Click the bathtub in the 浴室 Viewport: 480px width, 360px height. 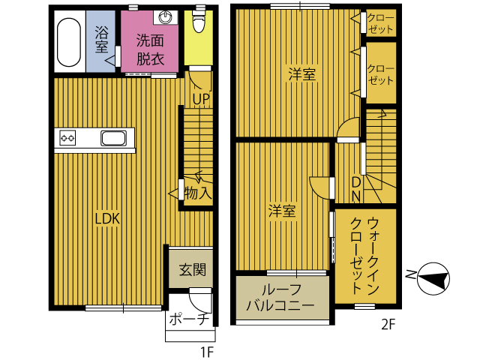(68, 42)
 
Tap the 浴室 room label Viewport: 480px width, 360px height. (101, 40)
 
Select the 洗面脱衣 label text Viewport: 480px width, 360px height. (150, 51)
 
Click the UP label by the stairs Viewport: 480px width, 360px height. (200, 97)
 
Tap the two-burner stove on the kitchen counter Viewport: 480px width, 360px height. (69, 138)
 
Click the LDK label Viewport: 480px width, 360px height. (107, 218)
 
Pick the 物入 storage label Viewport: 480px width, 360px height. (198, 193)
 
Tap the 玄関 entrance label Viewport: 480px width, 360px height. (192, 269)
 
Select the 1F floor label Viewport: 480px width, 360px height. (207, 351)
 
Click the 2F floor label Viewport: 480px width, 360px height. (388, 325)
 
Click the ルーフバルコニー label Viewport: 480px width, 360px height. (282, 298)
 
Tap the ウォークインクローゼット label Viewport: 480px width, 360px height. (365, 255)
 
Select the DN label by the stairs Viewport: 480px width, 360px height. (356, 189)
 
